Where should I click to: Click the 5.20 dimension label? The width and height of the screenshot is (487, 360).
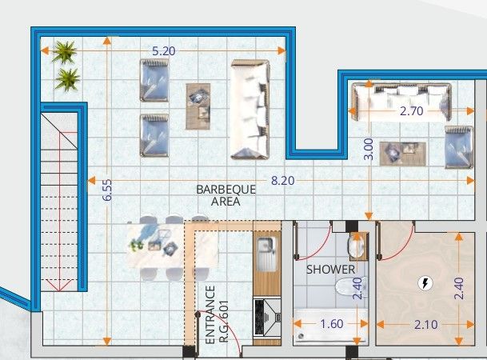click(x=165, y=50)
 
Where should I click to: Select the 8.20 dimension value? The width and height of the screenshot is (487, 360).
click(x=283, y=181)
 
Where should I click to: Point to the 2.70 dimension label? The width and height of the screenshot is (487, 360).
click(x=411, y=111)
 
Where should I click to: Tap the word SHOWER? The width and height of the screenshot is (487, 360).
click(x=330, y=270)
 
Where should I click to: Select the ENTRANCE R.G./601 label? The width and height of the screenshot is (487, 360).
click(x=215, y=315)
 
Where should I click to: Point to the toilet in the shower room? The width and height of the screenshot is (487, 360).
click(x=349, y=288)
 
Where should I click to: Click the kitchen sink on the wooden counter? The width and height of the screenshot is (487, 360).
click(x=266, y=248)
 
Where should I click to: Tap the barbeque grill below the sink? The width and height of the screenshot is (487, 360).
click(x=265, y=315)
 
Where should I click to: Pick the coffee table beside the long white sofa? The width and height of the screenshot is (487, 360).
click(x=198, y=106)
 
